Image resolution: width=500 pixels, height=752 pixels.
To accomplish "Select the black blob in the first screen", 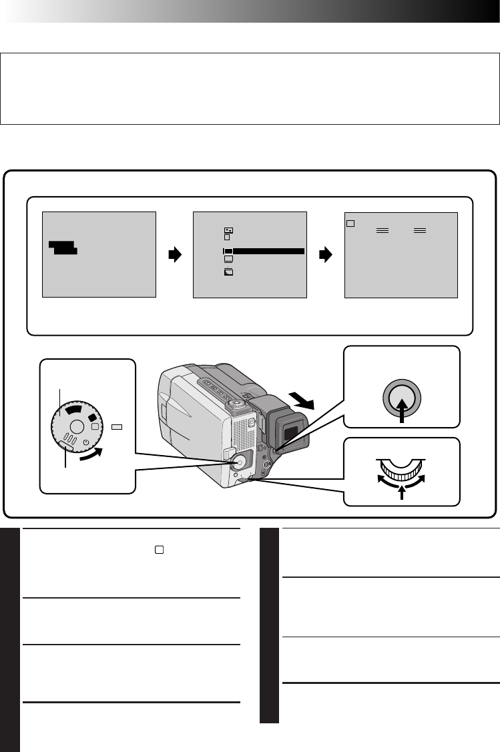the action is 63,248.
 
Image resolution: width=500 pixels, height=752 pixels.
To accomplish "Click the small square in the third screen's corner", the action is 350,222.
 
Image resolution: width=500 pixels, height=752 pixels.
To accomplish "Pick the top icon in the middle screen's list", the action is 228,230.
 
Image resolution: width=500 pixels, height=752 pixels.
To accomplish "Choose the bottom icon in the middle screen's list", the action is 228,272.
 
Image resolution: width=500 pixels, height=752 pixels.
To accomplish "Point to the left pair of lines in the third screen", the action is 383,229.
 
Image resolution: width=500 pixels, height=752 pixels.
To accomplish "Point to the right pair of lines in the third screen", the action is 420,229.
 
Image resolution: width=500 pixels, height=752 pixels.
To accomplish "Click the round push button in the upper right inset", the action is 402,398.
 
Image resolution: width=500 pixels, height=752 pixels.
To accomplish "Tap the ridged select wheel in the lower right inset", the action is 402,467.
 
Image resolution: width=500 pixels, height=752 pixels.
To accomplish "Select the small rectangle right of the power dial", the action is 117,425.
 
